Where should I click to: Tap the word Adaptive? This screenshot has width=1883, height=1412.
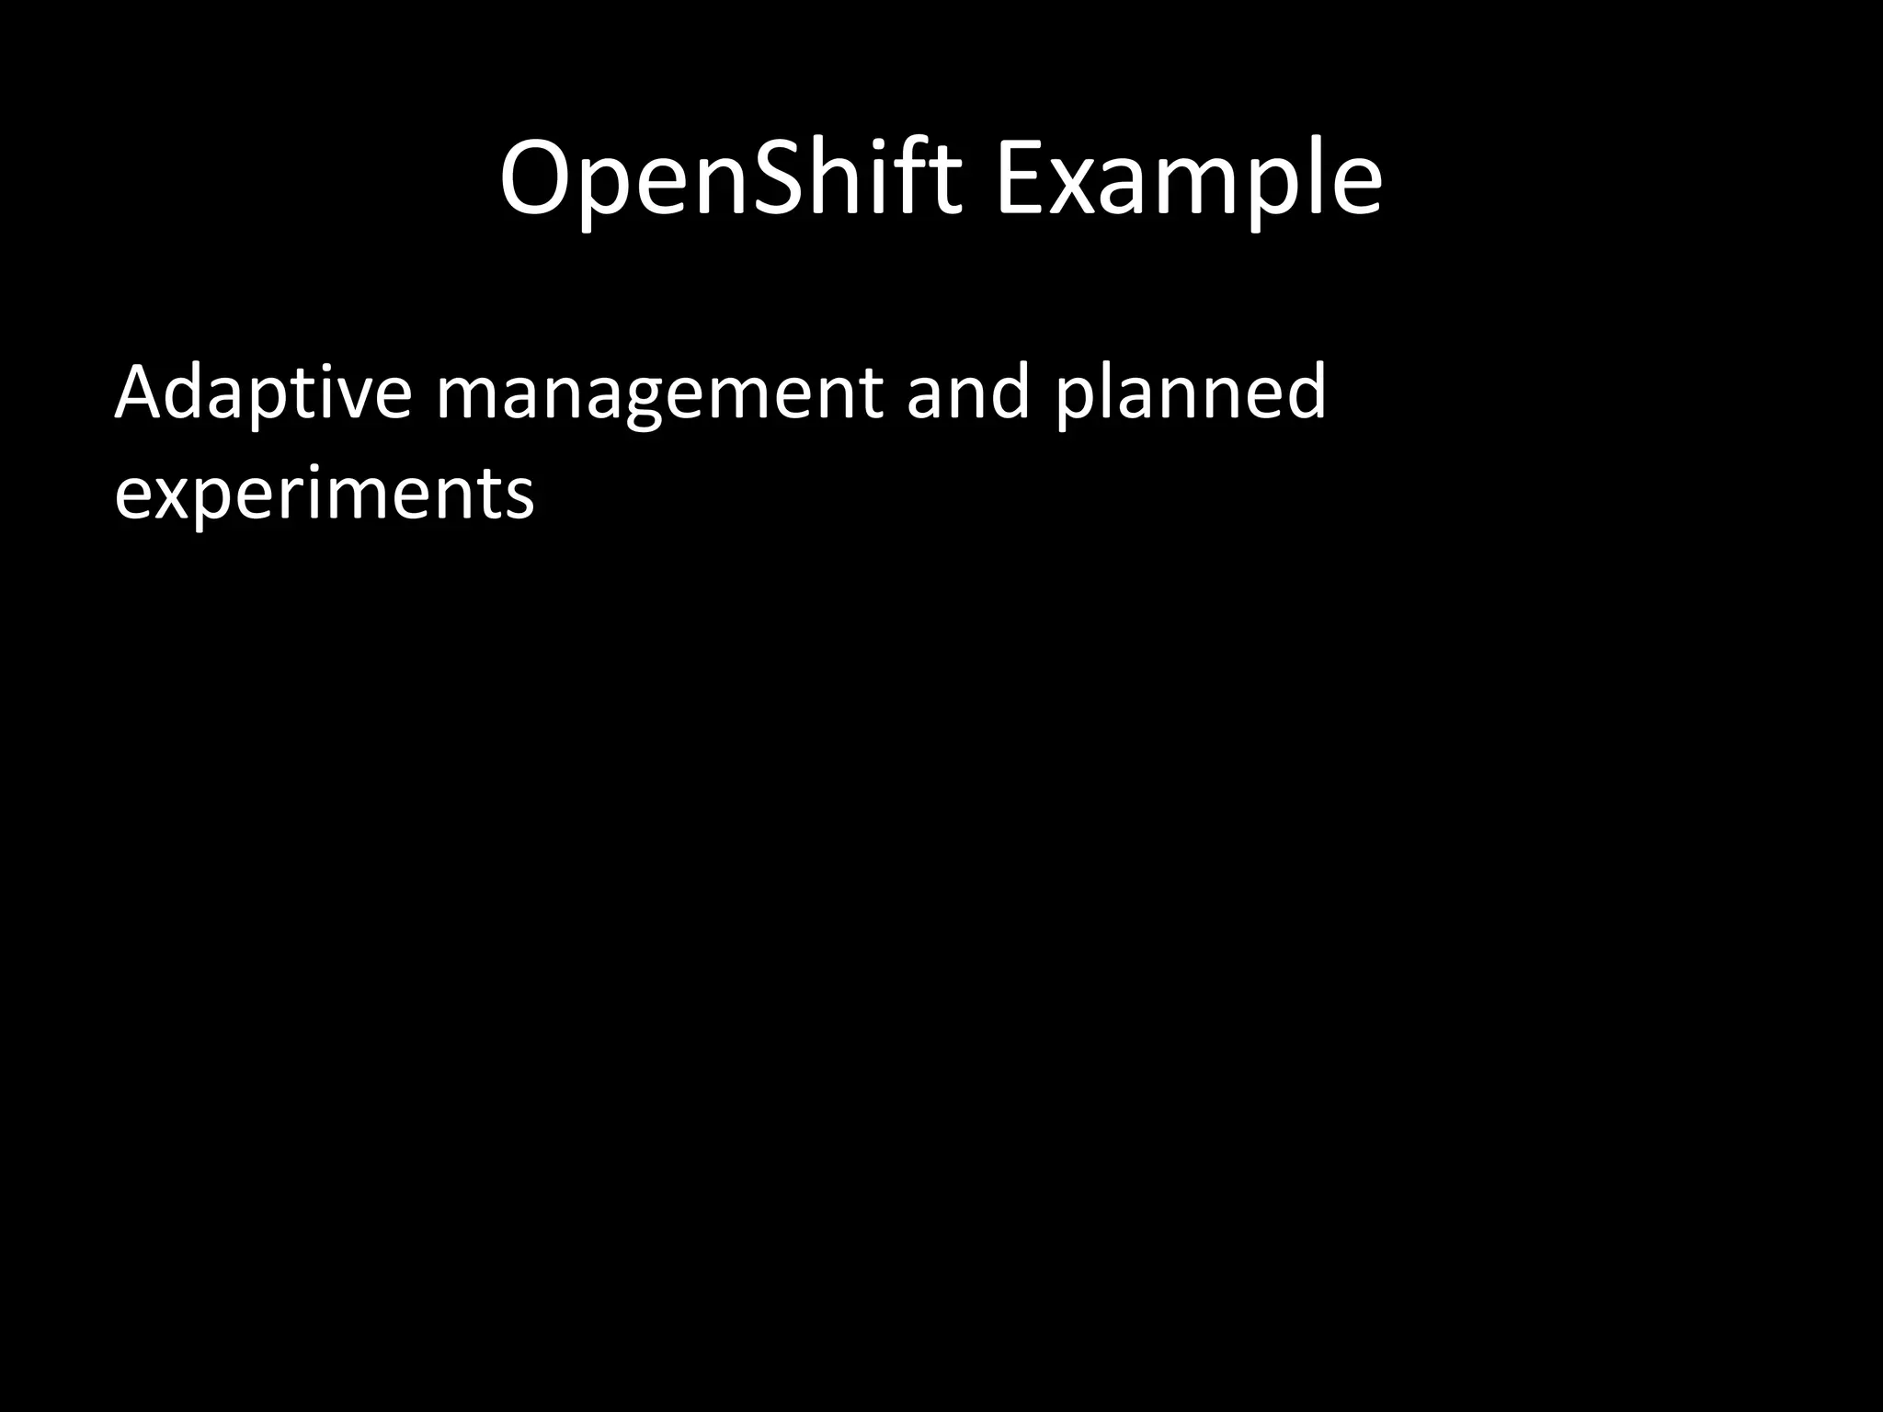click(x=262, y=393)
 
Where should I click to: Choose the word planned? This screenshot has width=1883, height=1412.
click(x=1191, y=393)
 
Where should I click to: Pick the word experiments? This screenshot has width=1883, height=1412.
click(x=324, y=495)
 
